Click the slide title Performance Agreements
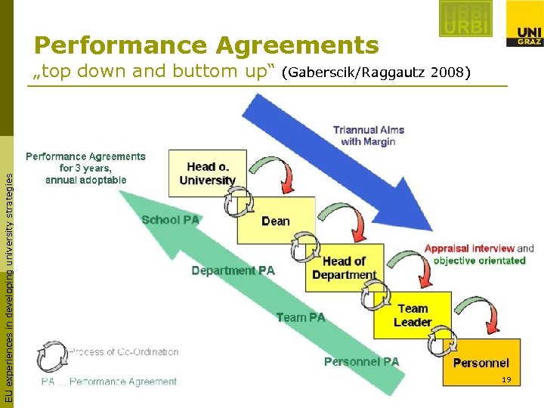click(206, 45)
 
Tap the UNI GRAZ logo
click(524, 23)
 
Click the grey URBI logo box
click(465, 19)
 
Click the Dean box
click(275, 221)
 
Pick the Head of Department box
click(344, 267)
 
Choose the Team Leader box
click(413, 315)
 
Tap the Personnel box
click(481, 363)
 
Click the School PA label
click(170, 220)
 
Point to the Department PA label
click(233, 270)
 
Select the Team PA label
click(300, 317)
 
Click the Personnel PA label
click(361, 362)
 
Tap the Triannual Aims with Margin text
click(368, 135)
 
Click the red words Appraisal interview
click(469, 248)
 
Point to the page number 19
click(507, 379)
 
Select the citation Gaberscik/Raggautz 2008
click(376, 73)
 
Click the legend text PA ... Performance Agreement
click(109, 382)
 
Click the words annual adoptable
click(85, 180)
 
